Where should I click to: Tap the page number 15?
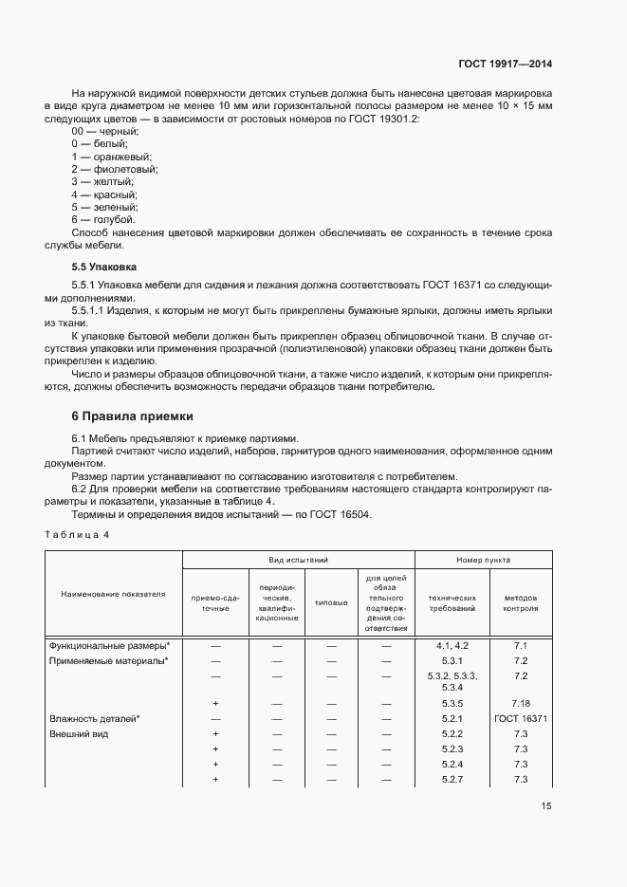pyautogui.click(x=546, y=806)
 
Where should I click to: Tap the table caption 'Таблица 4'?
pyautogui.click(x=78, y=535)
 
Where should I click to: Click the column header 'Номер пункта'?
pyautogui.click(x=484, y=561)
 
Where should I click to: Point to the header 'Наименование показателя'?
pyautogui.click(x=113, y=594)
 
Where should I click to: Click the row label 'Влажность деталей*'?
pyautogui.click(x=95, y=719)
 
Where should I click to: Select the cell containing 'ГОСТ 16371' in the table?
pyautogui.click(x=520, y=719)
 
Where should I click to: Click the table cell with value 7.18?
pyautogui.click(x=520, y=703)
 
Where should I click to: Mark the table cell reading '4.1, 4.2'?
pyautogui.click(x=452, y=646)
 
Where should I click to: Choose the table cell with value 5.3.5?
pyautogui.click(x=452, y=703)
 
